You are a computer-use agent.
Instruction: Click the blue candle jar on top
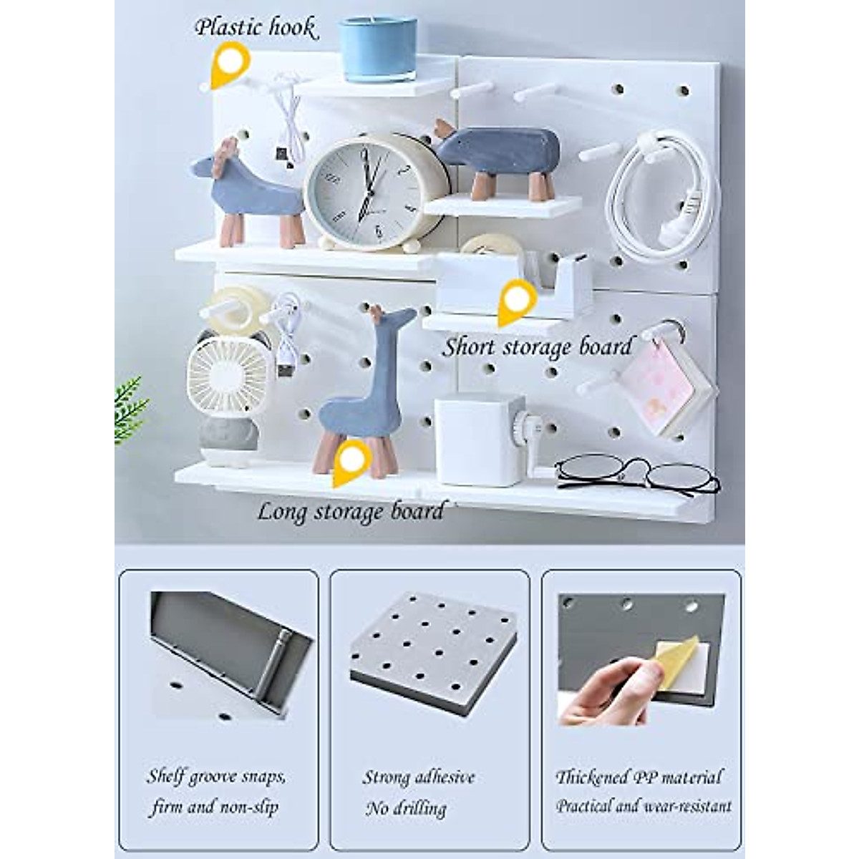[x=377, y=49]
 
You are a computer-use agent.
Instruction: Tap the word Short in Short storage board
[x=469, y=347]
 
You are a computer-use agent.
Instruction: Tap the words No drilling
[x=405, y=809]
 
